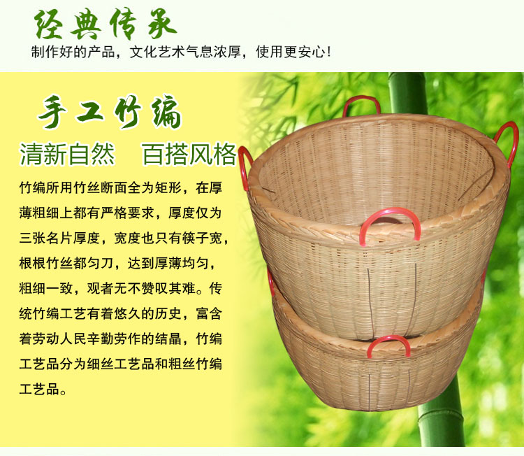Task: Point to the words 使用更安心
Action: pyautogui.click(x=290, y=52)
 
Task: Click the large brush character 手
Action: pyautogui.click(x=52, y=112)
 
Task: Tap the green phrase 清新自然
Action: pyautogui.click(x=68, y=155)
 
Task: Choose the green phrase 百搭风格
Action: pyautogui.click(x=189, y=155)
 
